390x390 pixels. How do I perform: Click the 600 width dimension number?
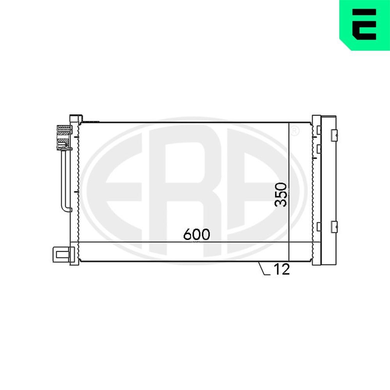tap(197, 234)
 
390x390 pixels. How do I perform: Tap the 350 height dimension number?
tap(281, 194)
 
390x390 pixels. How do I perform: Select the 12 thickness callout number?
tap(282, 269)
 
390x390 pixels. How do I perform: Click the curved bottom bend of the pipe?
tap(66, 208)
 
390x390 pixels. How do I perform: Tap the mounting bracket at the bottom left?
tap(60, 255)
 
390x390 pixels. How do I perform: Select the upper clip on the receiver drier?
tap(333, 135)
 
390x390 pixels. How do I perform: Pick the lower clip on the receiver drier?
tap(333, 226)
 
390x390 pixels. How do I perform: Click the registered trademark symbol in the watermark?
tap(295, 131)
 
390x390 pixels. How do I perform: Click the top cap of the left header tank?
tap(76, 117)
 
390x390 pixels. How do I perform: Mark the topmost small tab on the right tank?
tap(319, 130)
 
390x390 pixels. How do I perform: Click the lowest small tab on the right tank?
tap(319, 226)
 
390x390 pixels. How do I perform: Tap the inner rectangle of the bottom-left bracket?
tap(60, 255)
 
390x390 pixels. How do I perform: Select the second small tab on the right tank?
tap(319, 149)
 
